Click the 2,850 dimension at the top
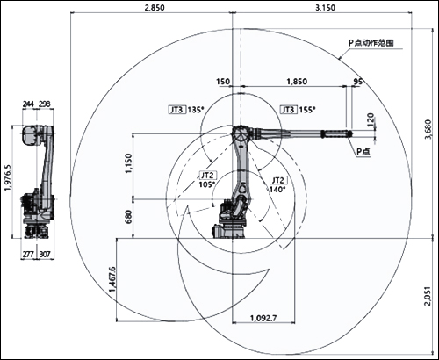point(155,8)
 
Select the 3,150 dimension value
point(325,8)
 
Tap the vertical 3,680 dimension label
point(428,130)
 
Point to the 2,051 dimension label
point(428,296)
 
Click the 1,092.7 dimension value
point(263,318)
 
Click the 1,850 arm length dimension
point(297,81)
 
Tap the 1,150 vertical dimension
point(128,163)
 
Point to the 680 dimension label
point(128,218)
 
